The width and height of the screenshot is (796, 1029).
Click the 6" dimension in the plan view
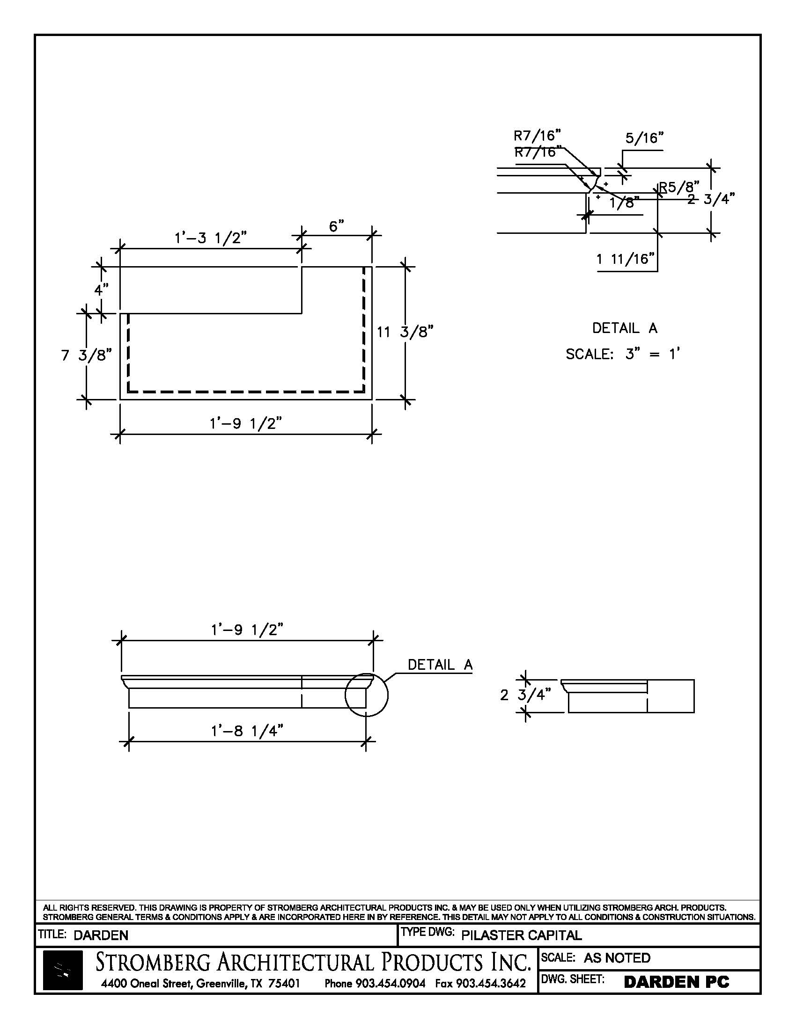tap(336, 227)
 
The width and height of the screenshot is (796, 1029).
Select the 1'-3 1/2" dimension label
tap(210, 238)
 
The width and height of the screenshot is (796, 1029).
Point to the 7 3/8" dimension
tap(86, 355)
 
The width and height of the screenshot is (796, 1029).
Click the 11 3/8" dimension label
tap(405, 332)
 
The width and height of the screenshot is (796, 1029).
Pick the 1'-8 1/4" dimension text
tap(247, 731)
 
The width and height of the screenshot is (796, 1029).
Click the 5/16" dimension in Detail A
tap(644, 138)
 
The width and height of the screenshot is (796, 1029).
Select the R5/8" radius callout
tap(678, 187)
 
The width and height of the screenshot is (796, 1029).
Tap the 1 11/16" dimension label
tap(626, 259)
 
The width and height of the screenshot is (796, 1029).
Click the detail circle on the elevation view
tap(367, 695)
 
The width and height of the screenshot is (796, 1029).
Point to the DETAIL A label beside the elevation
tap(440, 665)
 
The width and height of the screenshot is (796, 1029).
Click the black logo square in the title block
tap(63, 970)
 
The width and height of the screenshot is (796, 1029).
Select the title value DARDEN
tap(101, 935)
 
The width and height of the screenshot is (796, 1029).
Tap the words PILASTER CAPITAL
tap(521, 935)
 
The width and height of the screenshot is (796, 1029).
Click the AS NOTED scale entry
tap(617, 958)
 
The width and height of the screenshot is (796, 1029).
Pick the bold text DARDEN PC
tap(676, 982)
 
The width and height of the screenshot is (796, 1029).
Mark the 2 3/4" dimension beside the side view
tap(525, 695)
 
